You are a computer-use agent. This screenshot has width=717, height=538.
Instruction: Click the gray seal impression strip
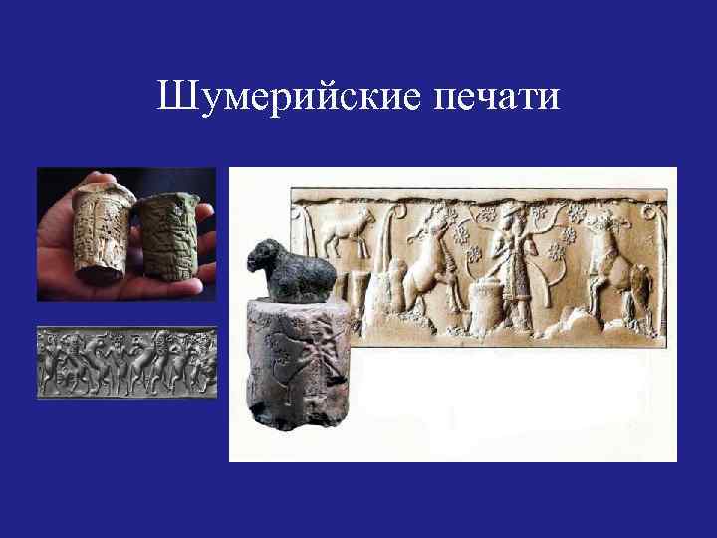click(126, 363)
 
